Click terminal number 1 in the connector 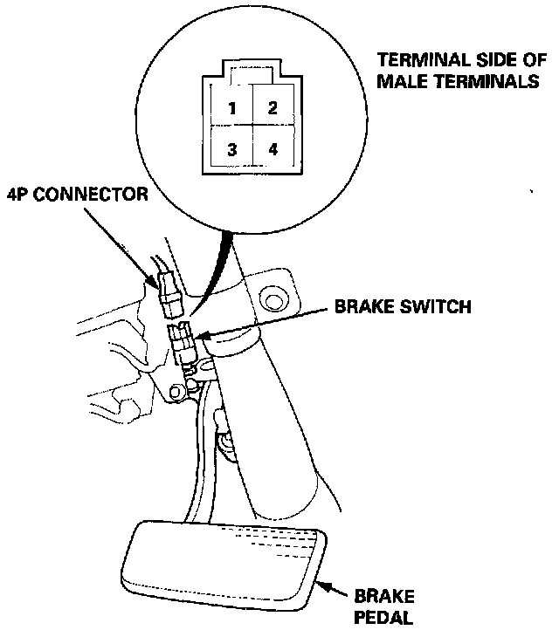(x=231, y=109)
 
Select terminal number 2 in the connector (x=273, y=109)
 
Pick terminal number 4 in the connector (x=273, y=149)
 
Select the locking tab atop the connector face (x=252, y=71)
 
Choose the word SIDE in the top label (x=482, y=62)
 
